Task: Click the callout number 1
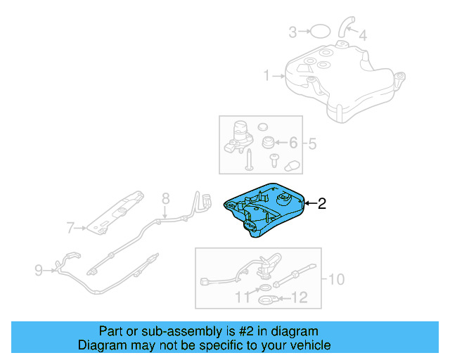(x=266, y=75)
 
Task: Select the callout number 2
(x=322, y=204)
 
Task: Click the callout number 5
(x=312, y=144)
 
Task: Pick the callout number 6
(x=293, y=143)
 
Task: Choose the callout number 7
(x=70, y=227)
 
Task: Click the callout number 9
(x=39, y=268)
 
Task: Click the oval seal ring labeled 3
(x=319, y=31)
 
